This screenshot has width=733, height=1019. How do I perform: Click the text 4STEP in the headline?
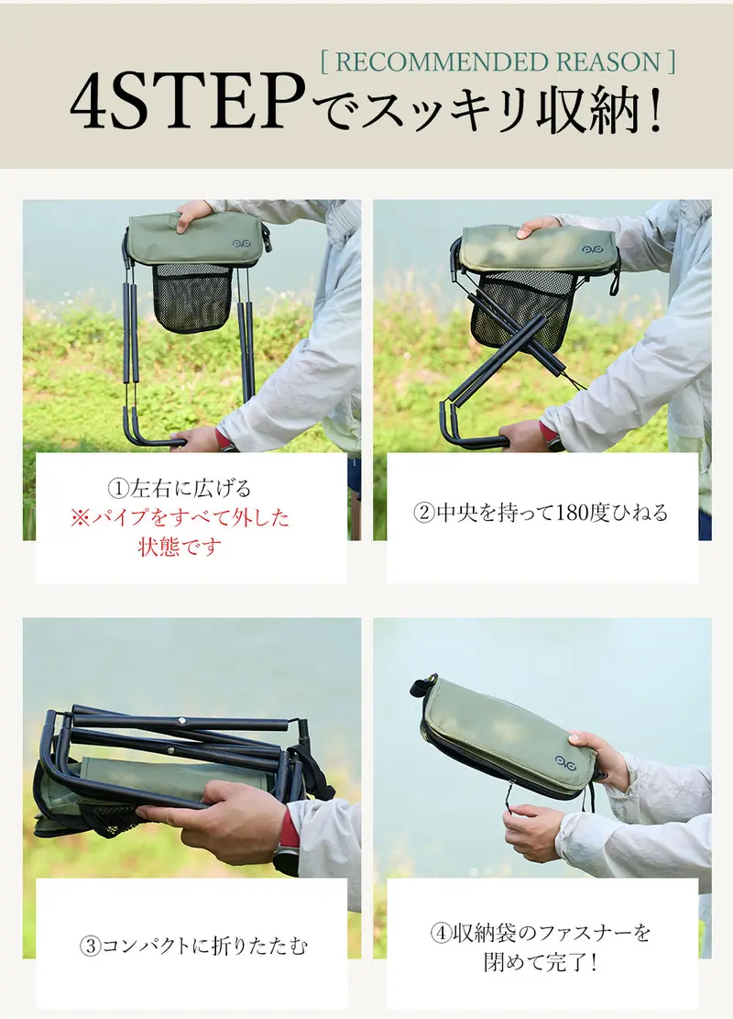(188, 102)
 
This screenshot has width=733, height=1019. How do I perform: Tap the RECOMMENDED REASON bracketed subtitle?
(498, 61)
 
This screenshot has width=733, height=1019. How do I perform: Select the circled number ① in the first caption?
(118, 489)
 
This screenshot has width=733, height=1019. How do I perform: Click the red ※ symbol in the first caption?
(81, 518)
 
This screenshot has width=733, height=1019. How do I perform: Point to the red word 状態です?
(180, 548)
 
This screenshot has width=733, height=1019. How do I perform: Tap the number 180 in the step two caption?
(572, 513)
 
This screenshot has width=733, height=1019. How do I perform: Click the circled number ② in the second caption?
(424, 513)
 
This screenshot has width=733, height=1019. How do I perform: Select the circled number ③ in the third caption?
(90, 946)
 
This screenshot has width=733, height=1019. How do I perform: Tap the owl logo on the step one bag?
(242, 244)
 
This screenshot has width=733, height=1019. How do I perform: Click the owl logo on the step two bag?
(590, 249)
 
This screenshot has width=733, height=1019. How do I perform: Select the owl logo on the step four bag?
(564, 761)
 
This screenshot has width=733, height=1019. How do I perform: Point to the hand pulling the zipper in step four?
(533, 833)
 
